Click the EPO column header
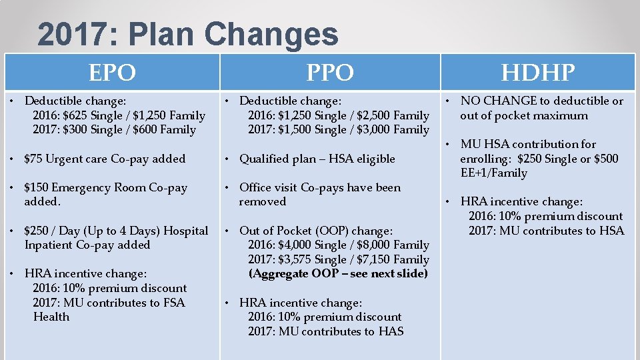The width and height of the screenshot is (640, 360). point(112,72)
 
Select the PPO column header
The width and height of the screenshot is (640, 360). point(329,72)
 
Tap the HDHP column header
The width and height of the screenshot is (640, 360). point(538,72)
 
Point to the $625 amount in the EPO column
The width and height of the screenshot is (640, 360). point(76,115)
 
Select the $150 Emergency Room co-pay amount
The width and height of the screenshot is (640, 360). point(38,187)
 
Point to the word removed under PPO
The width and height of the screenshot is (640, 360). point(263,202)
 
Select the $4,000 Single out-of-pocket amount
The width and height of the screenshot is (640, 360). point(293,245)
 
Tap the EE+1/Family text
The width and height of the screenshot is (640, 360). point(493,173)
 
